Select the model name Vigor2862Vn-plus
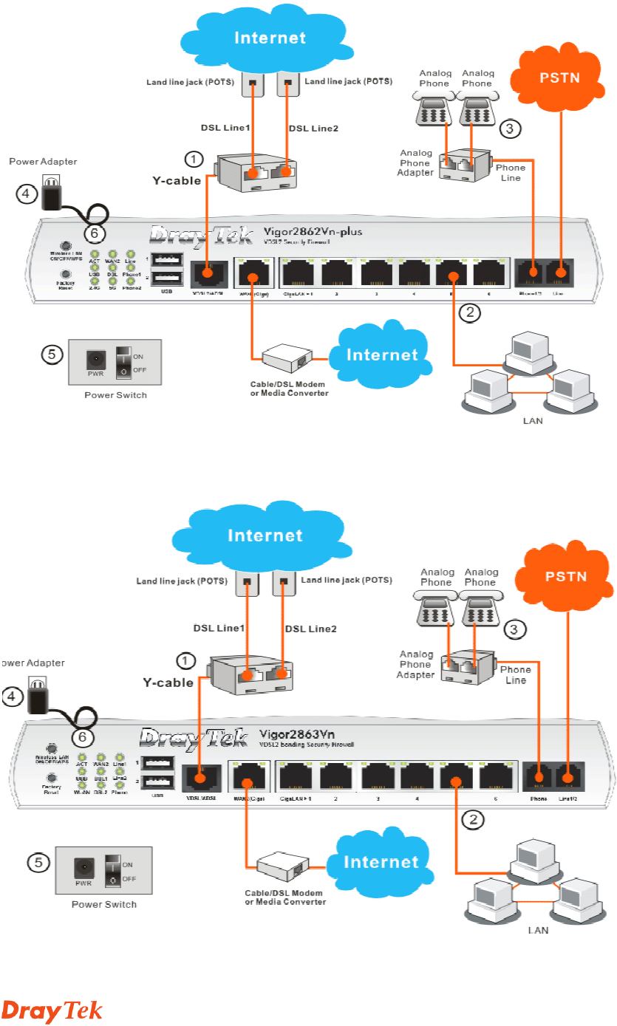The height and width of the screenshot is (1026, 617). (313, 231)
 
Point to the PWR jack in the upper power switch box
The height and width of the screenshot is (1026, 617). (94, 360)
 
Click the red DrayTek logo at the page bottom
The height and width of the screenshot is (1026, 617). (52, 1011)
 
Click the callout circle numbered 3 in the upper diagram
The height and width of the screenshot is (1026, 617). (511, 129)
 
